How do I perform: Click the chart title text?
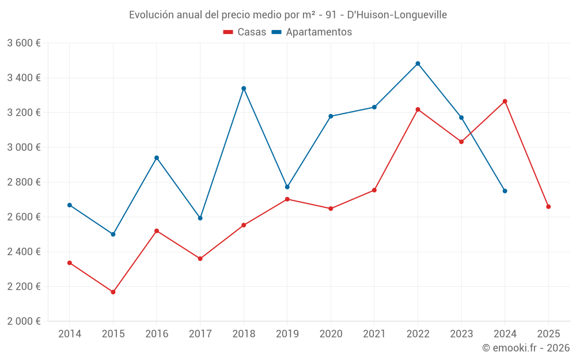[x=287, y=14]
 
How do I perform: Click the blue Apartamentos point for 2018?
[x=244, y=88]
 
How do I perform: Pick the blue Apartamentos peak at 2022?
[x=418, y=63]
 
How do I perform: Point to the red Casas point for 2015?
[x=113, y=292]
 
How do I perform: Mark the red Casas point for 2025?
[x=548, y=207]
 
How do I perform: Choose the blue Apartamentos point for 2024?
[x=505, y=191]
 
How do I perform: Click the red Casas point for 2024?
[x=505, y=101]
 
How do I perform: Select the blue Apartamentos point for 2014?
[x=70, y=205]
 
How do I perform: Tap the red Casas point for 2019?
[x=287, y=199]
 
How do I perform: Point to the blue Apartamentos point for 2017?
[x=200, y=218]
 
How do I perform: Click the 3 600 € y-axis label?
[x=24, y=43]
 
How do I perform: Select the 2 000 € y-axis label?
[x=24, y=321]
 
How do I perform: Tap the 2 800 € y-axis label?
[x=24, y=182]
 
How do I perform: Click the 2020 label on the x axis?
[x=331, y=334]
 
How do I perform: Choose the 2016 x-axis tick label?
[x=157, y=334]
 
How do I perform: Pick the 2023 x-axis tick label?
[x=461, y=334]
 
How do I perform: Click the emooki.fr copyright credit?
[x=525, y=348]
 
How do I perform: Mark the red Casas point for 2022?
[x=418, y=109]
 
